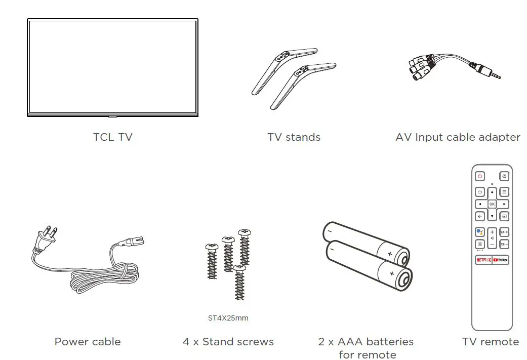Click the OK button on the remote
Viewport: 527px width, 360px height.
pyautogui.click(x=492, y=204)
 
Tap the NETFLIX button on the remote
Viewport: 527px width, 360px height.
pyautogui.click(x=483, y=260)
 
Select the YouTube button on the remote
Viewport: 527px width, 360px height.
pyautogui.click(x=500, y=260)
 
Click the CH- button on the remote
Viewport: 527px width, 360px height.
pyautogui.click(x=504, y=244)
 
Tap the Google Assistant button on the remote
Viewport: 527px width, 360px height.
pyautogui.click(x=479, y=232)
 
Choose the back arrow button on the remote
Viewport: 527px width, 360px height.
pyautogui.click(x=479, y=216)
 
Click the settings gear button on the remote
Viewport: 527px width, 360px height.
pyautogui.click(x=504, y=176)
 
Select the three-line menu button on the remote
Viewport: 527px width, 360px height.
pyautogui.click(x=504, y=192)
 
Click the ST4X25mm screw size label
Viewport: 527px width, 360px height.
pyautogui.click(x=228, y=318)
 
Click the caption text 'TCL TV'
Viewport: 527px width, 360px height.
pyautogui.click(x=112, y=137)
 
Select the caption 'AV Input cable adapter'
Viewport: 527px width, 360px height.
pyautogui.click(x=458, y=137)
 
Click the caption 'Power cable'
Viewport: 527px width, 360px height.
pyautogui.click(x=88, y=342)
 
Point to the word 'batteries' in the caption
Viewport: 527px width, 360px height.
pyautogui.click(x=389, y=342)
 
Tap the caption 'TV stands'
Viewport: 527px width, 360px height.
pyautogui.click(x=294, y=137)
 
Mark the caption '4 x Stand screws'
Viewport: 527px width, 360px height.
pyautogui.click(x=228, y=342)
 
